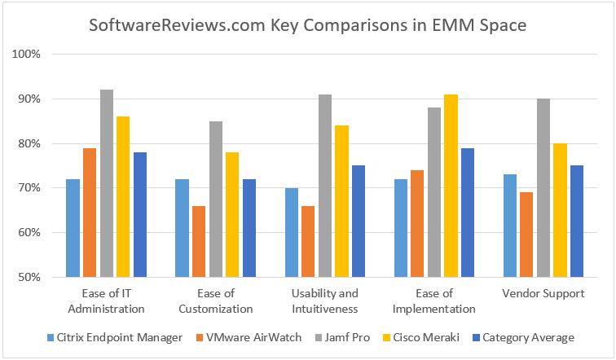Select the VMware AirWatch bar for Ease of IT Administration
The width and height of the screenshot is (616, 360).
[90, 212]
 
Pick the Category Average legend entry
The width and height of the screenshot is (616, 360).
[528, 337]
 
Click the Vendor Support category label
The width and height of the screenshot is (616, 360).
[543, 293]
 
